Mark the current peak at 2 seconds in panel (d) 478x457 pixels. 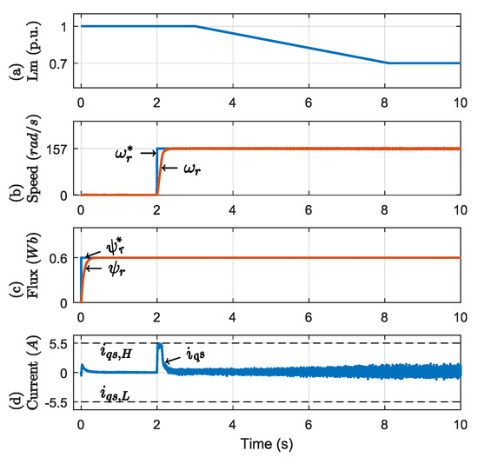(159, 345)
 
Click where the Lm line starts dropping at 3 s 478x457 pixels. (195, 26)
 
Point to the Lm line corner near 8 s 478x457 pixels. (387, 63)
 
